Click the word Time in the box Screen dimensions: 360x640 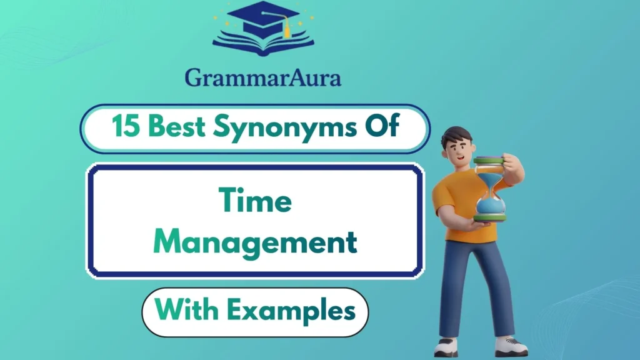pos(256,201)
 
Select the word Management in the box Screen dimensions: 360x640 pos(256,242)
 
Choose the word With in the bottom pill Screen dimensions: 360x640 pos(184,311)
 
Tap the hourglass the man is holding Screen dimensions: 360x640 pos(489,188)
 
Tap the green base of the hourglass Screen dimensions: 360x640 pos(489,217)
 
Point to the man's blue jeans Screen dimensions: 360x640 pos(475,281)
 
